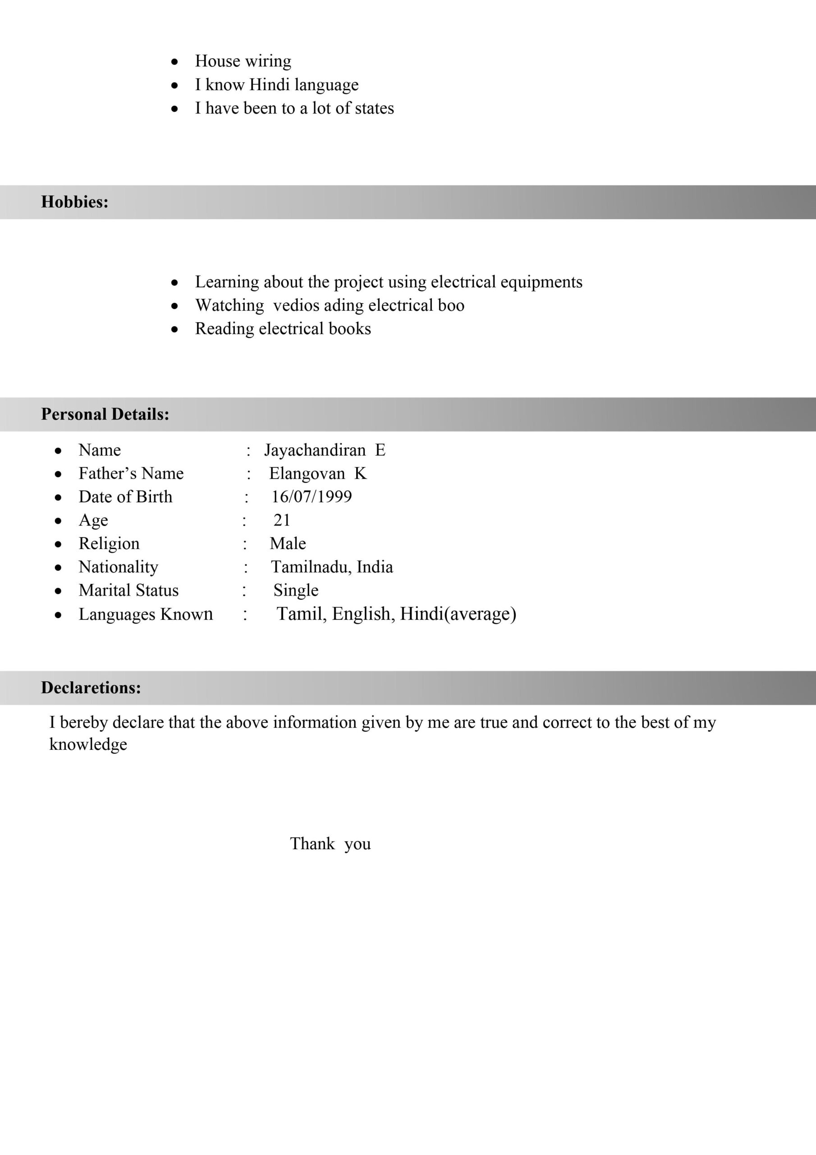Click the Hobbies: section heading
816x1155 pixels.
(74, 202)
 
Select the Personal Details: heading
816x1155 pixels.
(105, 415)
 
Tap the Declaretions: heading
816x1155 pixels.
(91, 688)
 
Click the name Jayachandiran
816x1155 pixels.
(315, 450)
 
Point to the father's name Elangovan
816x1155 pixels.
(307, 474)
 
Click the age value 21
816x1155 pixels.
(282, 520)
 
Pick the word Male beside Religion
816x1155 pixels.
(288, 544)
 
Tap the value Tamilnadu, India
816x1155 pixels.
(332, 567)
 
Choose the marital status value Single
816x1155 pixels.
(296, 591)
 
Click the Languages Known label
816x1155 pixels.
(146, 614)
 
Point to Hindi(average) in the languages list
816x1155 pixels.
(458, 614)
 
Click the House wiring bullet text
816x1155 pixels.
(243, 61)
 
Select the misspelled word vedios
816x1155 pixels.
(296, 305)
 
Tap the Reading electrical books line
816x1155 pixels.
(283, 329)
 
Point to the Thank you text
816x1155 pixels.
(330, 844)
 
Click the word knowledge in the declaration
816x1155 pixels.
(88, 744)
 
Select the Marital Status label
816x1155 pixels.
(128, 591)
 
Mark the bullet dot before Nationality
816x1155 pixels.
(58, 568)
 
